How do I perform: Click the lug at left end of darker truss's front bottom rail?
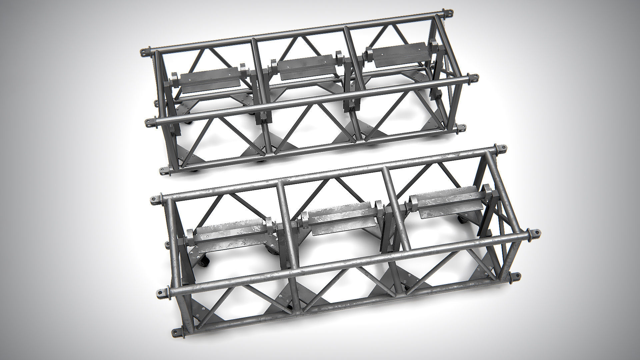click(x=164, y=171)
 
